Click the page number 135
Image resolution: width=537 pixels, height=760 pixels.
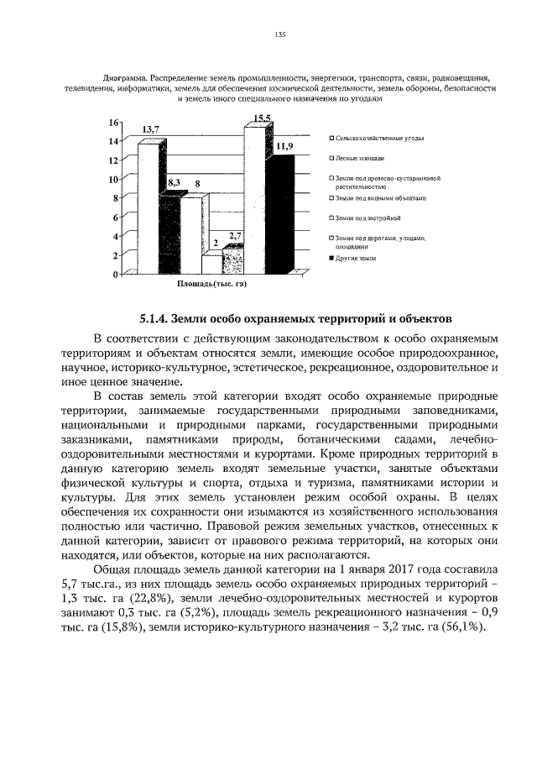(x=280, y=34)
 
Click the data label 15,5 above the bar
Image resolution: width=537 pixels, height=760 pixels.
(x=262, y=118)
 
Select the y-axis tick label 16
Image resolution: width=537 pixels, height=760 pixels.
(x=114, y=123)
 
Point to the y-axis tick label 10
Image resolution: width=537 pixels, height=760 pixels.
(x=114, y=179)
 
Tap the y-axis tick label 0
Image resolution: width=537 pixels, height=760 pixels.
(x=117, y=275)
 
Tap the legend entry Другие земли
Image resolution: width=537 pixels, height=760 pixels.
(x=354, y=258)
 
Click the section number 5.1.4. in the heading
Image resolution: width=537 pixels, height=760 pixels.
(x=154, y=318)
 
